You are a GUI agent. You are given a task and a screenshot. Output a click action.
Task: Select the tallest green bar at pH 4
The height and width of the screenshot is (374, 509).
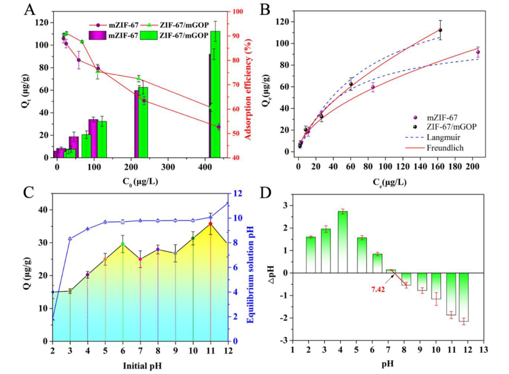(x=343, y=242)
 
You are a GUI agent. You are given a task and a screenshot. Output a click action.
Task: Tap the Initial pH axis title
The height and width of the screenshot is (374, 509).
(x=140, y=365)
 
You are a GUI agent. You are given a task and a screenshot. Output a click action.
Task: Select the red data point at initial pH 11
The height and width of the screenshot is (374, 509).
(x=210, y=224)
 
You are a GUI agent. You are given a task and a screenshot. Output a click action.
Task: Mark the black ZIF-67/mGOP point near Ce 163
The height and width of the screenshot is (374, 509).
(x=440, y=30)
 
